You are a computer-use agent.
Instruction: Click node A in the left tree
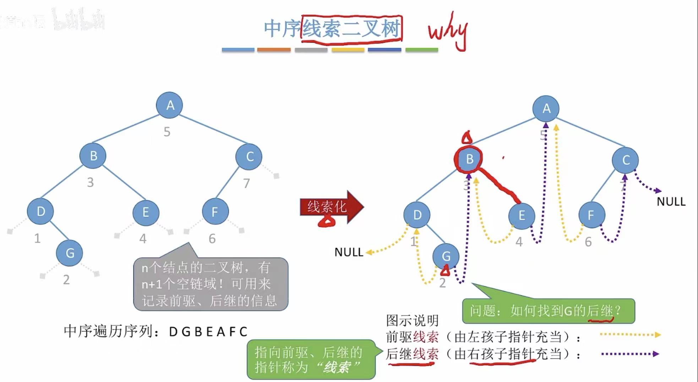pos(170,105)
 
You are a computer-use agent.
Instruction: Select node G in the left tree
pos(70,253)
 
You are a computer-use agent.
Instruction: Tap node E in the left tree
pos(146,212)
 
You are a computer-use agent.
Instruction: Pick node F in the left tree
pos(215,212)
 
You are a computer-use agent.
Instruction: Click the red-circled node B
pos(469,159)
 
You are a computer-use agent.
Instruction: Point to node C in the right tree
pos(626,160)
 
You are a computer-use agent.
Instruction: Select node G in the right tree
pos(446,256)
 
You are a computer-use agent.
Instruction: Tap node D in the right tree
pos(417,215)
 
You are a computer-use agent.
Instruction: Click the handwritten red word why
pos(448,31)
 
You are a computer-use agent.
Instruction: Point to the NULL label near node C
pos(671,202)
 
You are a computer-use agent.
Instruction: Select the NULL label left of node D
pos(349,252)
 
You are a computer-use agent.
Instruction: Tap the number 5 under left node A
pos(167,132)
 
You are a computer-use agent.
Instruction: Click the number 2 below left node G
pos(66,280)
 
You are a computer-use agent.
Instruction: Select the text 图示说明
pos(412,320)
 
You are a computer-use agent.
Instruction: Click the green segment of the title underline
pos(421,50)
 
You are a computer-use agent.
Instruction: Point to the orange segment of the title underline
pos(274,50)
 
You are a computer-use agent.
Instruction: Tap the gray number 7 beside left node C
pos(246,183)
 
